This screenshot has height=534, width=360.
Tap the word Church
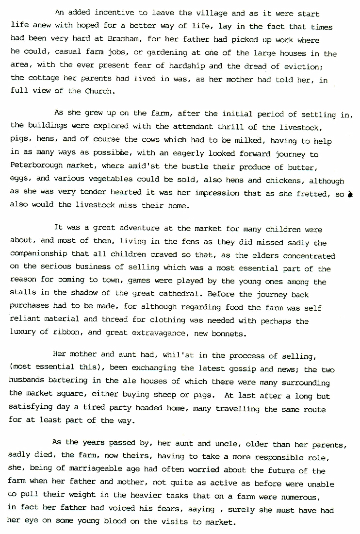99,91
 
